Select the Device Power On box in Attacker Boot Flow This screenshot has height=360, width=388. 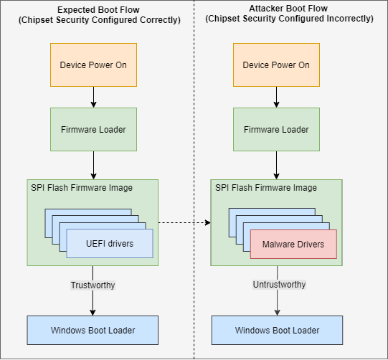point(276,65)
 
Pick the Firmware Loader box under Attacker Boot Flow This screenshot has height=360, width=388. point(276,130)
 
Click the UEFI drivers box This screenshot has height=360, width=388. point(110,244)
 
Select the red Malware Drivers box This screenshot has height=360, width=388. point(293,244)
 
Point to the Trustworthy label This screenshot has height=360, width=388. point(93,285)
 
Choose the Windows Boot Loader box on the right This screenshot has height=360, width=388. point(276,330)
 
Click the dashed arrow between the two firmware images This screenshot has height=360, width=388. point(184,222)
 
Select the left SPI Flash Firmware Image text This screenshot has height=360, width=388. point(81,188)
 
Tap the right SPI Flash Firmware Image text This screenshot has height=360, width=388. point(266,188)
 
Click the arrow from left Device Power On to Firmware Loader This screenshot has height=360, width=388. point(93,97)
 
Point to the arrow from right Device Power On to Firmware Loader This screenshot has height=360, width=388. point(276,97)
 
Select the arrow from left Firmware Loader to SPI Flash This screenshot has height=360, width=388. point(93,165)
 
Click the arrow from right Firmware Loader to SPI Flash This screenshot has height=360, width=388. point(276,165)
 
